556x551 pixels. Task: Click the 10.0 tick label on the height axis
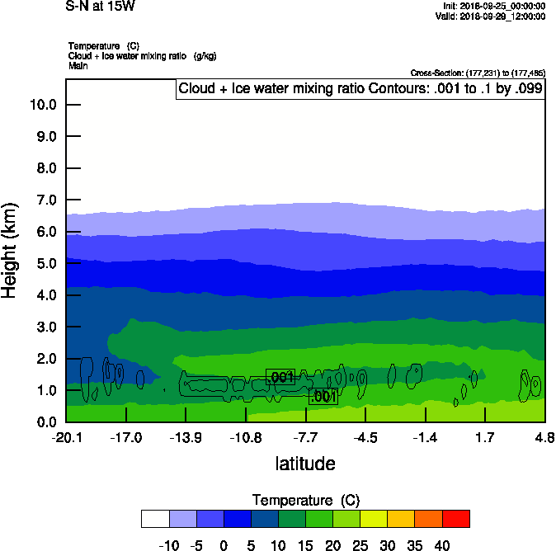click(x=42, y=105)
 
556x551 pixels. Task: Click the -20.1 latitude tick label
click(x=66, y=436)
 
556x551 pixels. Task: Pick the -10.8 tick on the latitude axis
click(x=246, y=436)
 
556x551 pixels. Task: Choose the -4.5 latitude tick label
click(x=365, y=436)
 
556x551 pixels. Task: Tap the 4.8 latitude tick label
click(x=544, y=436)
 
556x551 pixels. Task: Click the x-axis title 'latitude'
click(x=305, y=464)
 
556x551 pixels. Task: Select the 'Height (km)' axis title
click(x=11, y=249)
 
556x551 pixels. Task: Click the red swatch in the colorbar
click(x=455, y=518)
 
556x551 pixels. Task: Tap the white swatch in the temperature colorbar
click(x=155, y=518)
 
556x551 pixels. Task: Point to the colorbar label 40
click(x=442, y=544)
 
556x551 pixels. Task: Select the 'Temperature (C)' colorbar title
click(x=305, y=501)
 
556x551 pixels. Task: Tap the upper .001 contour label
click(x=281, y=378)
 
